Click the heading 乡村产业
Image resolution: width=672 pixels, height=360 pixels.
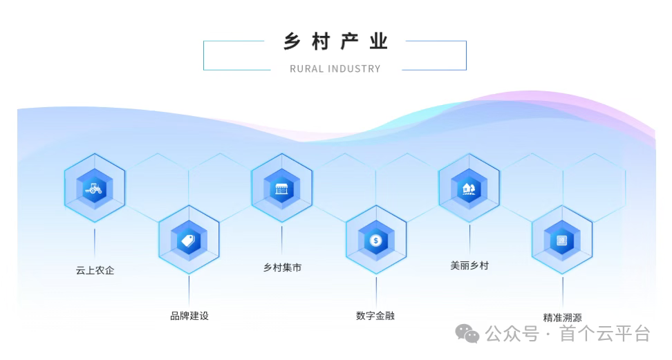pyautogui.click(x=335, y=41)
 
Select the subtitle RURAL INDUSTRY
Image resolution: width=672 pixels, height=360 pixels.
pyautogui.click(x=335, y=68)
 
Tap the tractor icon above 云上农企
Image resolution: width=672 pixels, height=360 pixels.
pyautogui.click(x=95, y=187)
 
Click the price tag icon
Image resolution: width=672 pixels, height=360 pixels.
pyautogui.click(x=189, y=240)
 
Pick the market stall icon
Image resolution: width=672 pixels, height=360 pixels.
pyautogui.click(x=281, y=187)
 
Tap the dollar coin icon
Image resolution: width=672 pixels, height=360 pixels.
pyautogui.click(x=375, y=240)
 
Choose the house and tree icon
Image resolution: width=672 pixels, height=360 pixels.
pyautogui.click(x=469, y=187)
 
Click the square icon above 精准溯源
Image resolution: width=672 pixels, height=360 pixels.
pyautogui.click(x=562, y=240)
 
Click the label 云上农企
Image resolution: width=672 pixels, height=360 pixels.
pyautogui.click(x=95, y=270)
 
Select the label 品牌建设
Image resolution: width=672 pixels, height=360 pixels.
pyautogui.click(x=189, y=316)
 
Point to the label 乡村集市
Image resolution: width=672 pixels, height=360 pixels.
pyautogui.click(x=282, y=267)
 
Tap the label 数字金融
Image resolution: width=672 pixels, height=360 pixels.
pyautogui.click(x=375, y=316)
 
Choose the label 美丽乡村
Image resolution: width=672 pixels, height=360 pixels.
pyautogui.click(x=469, y=265)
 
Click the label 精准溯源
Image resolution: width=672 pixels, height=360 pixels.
pyautogui.click(x=562, y=318)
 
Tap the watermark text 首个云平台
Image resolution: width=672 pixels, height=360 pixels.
pyautogui.click(x=606, y=334)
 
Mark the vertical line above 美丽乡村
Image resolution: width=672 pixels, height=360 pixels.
pyautogui.click(x=469, y=240)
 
